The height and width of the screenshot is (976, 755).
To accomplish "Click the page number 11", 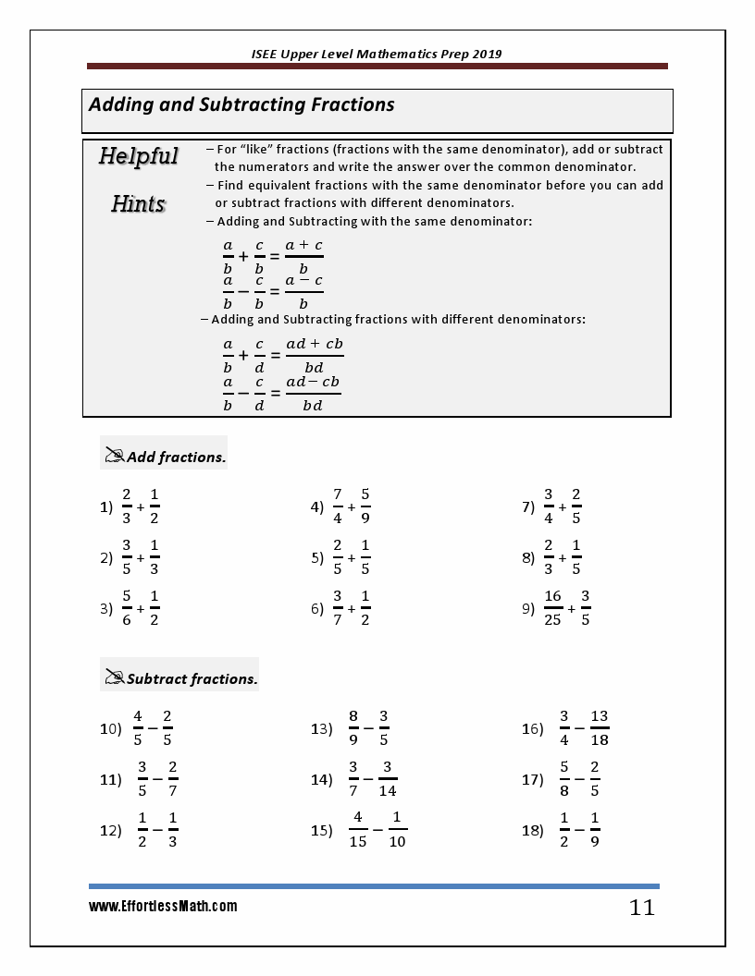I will point(641,908).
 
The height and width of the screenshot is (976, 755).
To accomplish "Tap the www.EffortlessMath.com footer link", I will point(163,907).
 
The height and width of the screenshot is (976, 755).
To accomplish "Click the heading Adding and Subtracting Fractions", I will point(241,104).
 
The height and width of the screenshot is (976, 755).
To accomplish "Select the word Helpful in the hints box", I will point(138,156).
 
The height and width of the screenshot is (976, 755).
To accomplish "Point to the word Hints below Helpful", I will point(138,203).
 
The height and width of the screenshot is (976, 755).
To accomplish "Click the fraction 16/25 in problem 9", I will point(552,608).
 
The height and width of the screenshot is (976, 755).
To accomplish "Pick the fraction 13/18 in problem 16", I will point(599,727).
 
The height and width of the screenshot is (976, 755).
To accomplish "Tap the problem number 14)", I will point(321,780).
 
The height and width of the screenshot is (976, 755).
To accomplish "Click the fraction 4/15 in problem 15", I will point(358,829).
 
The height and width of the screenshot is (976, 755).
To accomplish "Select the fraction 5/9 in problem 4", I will point(365,506).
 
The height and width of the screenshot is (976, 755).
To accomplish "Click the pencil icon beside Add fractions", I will point(115,456).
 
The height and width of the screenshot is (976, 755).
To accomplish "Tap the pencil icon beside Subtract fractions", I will point(115,677).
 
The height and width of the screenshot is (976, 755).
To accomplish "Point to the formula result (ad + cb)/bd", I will point(314,356).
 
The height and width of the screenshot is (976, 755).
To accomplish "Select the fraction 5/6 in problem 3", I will point(127,608).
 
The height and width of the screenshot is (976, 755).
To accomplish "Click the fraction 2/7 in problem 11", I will point(173,778).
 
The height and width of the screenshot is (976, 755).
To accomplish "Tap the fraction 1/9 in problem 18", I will point(595,829).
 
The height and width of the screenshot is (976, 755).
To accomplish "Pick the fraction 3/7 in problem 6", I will point(338,608).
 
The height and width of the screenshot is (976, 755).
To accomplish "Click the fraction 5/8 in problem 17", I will point(563,778).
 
